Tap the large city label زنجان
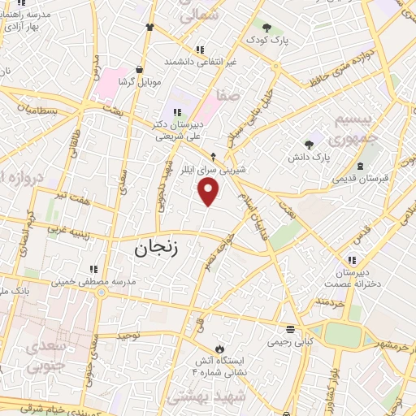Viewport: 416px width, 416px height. click(x=159, y=249)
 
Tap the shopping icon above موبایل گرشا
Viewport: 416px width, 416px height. click(x=141, y=69)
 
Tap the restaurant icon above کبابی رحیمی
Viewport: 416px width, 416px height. click(x=290, y=329)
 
